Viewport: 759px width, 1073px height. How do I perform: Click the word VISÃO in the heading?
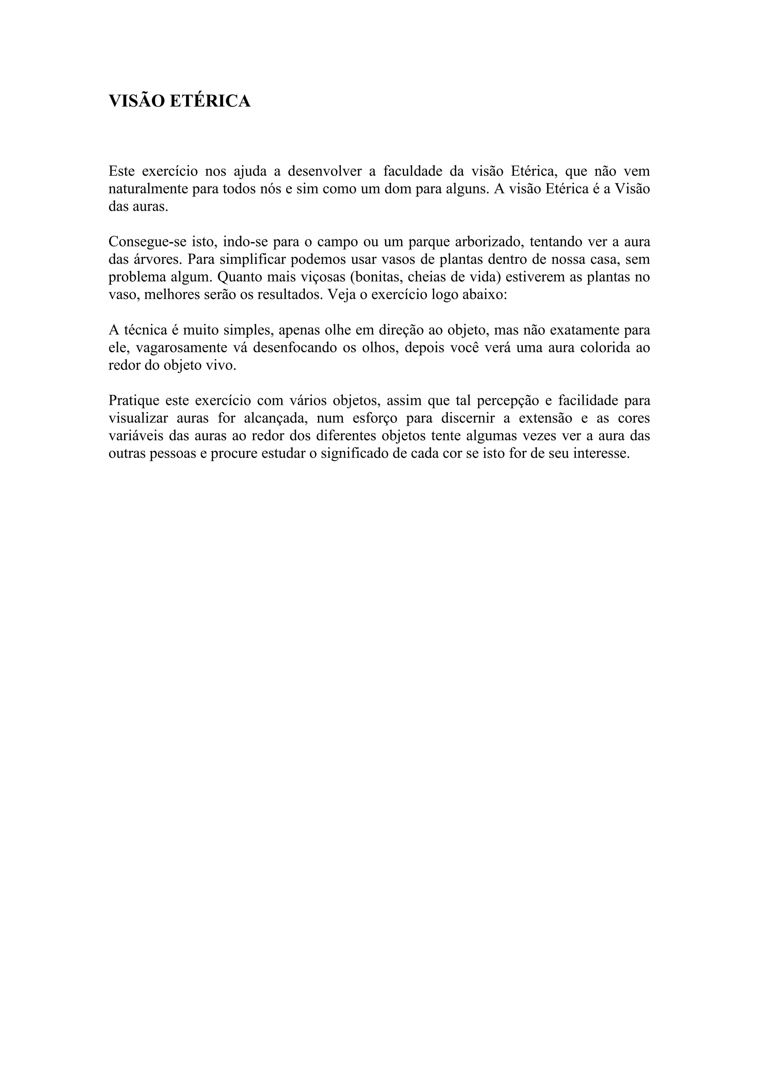tap(136, 101)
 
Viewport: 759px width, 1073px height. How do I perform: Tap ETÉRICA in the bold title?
tap(210, 101)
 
